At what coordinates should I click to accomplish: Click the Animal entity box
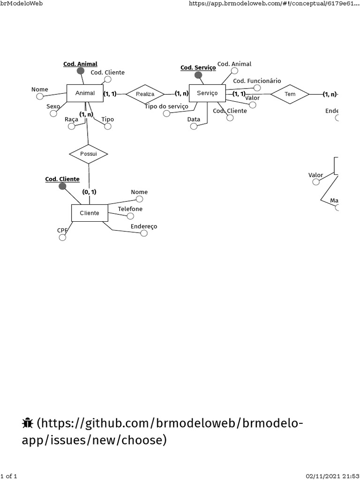85,93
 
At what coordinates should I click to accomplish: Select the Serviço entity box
207,93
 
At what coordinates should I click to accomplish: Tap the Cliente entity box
89,213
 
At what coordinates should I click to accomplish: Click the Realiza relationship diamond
145,94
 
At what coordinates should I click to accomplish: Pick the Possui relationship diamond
88,154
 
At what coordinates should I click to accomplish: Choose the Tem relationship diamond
290,94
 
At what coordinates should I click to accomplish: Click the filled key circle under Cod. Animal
81,71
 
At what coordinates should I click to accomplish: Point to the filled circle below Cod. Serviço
198,75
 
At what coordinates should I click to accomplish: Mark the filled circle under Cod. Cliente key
62,187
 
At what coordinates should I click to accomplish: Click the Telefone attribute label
130,209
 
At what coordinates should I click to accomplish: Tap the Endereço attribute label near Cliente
144,226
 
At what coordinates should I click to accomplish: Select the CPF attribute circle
62,238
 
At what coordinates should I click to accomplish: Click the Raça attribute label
71,120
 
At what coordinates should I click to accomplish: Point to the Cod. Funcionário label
257,81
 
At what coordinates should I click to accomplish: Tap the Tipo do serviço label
166,106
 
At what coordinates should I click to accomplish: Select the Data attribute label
194,120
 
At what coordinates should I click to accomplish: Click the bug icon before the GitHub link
27,424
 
